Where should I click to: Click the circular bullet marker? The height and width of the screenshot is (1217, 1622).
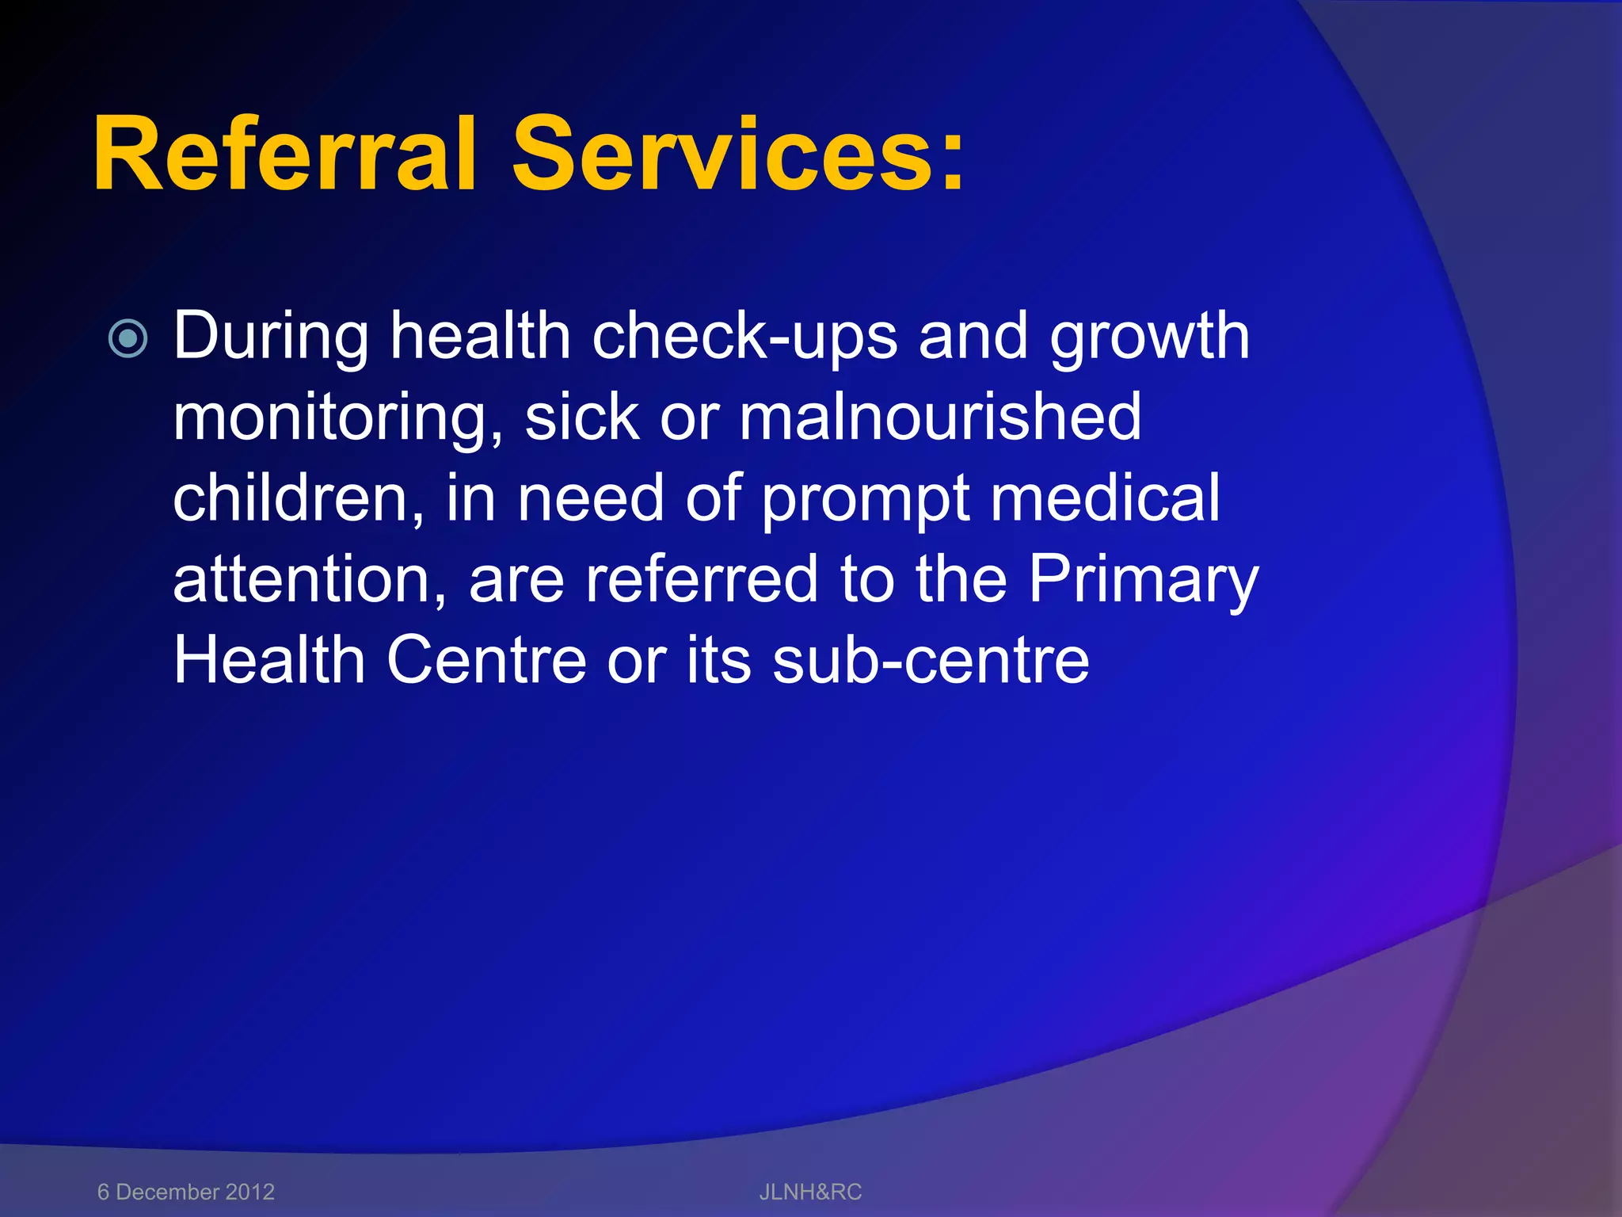click(x=128, y=339)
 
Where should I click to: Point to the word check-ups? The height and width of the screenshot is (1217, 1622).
click(x=744, y=338)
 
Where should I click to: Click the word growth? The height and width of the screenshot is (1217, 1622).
click(x=1149, y=338)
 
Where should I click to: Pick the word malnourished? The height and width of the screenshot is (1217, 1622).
click(x=940, y=418)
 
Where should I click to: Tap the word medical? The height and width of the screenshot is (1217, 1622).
click(x=1105, y=499)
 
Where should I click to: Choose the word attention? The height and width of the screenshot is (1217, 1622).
click(x=310, y=581)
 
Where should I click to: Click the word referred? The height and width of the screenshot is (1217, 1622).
click(x=702, y=579)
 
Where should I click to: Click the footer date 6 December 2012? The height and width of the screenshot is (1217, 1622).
click(x=186, y=1192)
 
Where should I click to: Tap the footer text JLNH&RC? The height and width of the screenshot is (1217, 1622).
click(x=810, y=1192)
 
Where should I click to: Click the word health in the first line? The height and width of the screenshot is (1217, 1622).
click(x=480, y=338)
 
